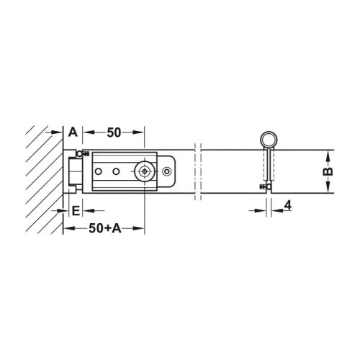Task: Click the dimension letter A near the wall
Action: pyautogui.click(x=73, y=132)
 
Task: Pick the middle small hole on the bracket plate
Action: pyautogui.click(x=115, y=172)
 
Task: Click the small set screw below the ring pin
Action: pyautogui.click(x=262, y=187)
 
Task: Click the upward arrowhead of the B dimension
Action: pyautogui.click(x=328, y=154)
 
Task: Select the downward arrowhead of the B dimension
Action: pyautogui.click(x=328, y=191)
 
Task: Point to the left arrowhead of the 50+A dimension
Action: pyautogui.click(x=68, y=230)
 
